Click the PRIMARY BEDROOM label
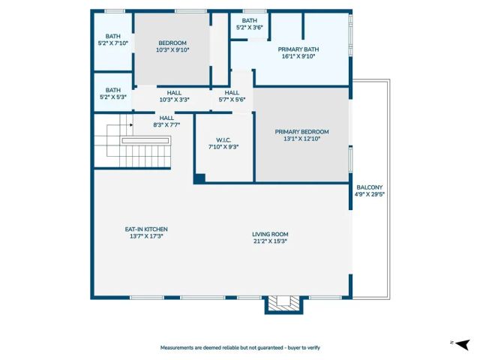click(x=301, y=131)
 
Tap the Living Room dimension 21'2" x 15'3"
click(x=270, y=241)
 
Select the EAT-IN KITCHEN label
click(x=145, y=229)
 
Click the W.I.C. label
click(x=223, y=139)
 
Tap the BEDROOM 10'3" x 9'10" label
click(x=172, y=43)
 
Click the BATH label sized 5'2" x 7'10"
click(x=112, y=36)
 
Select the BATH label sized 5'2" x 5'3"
click(x=112, y=89)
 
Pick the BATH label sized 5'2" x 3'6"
click(x=250, y=21)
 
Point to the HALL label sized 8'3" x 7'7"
click(x=166, y=118)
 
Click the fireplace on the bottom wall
click(x=283, y=303)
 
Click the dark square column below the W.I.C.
click(x=199, y=178)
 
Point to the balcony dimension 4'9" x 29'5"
click(x=369, y=195)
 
